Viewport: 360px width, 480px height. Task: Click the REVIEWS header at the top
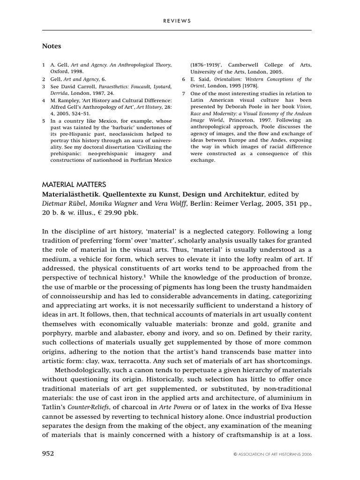click(177, 21)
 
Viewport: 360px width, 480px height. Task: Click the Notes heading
click(52, 46)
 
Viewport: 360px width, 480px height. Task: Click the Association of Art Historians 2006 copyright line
click(272, 454)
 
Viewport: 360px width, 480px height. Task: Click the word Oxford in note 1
click(60, 71)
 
